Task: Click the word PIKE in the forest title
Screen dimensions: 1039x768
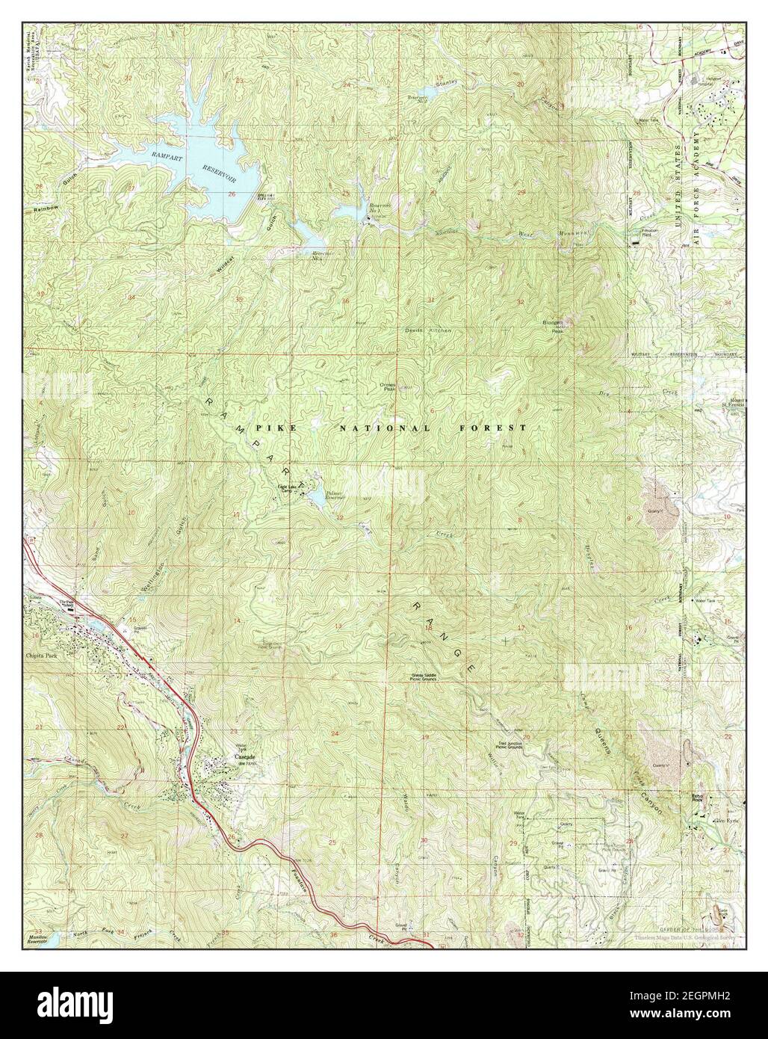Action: click(270, 428)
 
